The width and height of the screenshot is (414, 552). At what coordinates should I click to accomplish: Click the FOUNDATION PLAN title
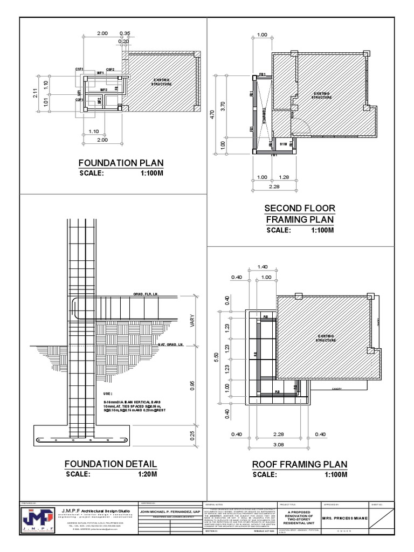[121, 163]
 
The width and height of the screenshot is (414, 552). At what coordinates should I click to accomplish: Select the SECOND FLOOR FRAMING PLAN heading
[300, 214]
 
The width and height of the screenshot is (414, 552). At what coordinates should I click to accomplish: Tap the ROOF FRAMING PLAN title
[300, 465]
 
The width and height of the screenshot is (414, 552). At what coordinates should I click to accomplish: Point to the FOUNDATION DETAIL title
[111, 464]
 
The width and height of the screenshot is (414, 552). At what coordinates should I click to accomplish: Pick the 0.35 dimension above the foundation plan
[125, 33]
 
